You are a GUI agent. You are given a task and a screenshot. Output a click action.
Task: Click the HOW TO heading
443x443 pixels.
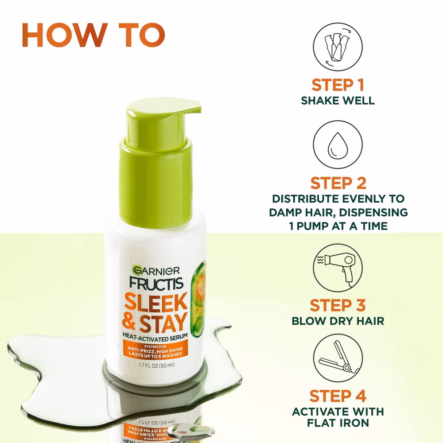click(93, 35)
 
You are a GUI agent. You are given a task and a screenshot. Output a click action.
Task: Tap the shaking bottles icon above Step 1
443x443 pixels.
click(338, 47)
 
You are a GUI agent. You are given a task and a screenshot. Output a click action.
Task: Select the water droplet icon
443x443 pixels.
click(338, 145)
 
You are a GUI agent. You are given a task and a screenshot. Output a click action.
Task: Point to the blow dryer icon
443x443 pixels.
click(338, 268)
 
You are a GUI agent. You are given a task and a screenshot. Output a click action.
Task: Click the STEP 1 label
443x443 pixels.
click(338, 85)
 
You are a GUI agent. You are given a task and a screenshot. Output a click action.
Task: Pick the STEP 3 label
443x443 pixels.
click(338, 305)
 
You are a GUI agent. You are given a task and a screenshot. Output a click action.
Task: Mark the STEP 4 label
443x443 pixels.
click(338, 396)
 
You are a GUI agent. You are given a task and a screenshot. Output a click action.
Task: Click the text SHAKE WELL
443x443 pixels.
click(338, 101)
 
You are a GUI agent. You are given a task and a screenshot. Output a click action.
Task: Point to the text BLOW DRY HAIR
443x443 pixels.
click(338, 321)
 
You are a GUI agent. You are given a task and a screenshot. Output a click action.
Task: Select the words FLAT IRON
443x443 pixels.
click(338, 423)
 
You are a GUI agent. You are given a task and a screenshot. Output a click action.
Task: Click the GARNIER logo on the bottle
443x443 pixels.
click(156, 271)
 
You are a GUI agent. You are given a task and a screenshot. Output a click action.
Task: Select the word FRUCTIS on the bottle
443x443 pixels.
click(156, 284)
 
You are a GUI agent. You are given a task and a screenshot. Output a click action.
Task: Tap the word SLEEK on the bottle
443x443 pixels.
click(156, 302)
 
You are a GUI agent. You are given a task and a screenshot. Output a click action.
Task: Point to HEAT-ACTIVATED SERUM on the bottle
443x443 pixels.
click(155, 337)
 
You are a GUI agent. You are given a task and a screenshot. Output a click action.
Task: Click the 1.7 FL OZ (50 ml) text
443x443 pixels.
click(156, 365)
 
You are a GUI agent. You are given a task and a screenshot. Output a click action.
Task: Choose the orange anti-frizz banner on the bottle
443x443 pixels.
click(155, 350)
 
